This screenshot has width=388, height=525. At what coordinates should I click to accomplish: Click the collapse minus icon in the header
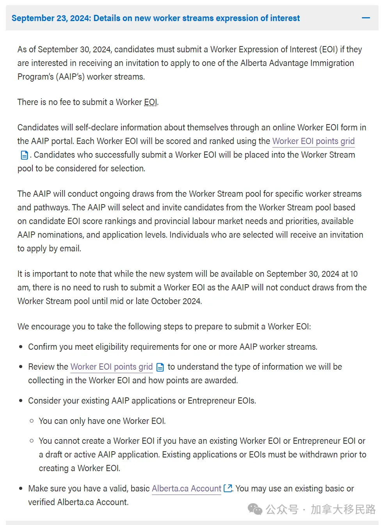366,18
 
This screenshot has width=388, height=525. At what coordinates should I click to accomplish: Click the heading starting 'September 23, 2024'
155,18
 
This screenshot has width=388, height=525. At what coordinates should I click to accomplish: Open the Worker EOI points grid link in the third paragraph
313,141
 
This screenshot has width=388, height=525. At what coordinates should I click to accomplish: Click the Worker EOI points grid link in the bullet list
111,367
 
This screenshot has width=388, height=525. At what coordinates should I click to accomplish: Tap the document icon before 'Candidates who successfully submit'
24,155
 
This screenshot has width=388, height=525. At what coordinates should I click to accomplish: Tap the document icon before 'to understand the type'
160,367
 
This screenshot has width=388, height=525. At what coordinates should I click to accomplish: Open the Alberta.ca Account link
186,488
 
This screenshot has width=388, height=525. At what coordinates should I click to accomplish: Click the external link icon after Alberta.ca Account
228,488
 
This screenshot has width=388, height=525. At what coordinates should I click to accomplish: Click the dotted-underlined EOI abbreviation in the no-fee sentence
151,102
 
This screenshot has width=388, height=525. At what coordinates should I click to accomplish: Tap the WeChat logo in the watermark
255,509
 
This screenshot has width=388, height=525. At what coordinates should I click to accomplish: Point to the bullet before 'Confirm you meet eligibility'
21,347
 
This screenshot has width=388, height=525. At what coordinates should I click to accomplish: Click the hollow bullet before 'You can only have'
32,421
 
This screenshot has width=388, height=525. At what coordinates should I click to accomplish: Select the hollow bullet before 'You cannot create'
32,441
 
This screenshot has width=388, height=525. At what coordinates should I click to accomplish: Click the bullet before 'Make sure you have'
21,489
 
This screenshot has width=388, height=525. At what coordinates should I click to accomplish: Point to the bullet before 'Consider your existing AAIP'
21,401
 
